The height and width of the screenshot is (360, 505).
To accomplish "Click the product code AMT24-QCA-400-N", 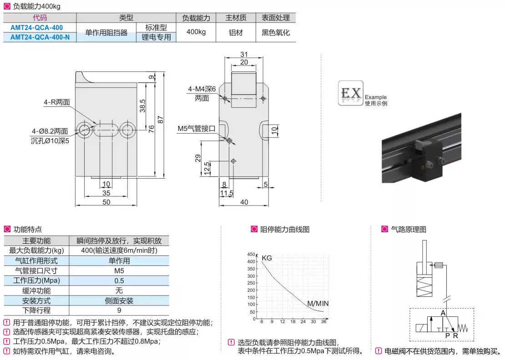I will pos(40,37).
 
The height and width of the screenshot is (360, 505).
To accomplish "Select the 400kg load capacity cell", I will pos(196,32).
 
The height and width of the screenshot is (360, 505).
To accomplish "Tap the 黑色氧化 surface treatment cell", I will pos(275,33).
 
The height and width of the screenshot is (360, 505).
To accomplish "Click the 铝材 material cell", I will pos(236,33).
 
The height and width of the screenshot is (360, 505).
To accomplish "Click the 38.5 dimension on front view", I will pos(142,105).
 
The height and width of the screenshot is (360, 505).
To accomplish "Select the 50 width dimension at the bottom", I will pos(106,202).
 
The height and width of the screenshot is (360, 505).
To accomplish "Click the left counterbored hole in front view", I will pos(85,130).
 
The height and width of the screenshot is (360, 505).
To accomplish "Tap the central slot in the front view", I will pos(106,130).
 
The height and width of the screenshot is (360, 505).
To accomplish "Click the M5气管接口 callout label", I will pos(196,129).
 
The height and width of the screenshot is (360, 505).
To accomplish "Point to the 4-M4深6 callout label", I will pos(202,90).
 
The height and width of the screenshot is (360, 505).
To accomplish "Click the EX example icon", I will pos(351,94).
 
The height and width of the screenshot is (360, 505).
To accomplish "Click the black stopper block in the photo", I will pos(428,160).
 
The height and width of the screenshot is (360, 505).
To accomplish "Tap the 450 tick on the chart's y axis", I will pos(252,254).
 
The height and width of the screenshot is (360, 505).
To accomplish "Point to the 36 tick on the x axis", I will pos(323,322).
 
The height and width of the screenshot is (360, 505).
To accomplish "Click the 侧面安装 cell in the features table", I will pos(119,301).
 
